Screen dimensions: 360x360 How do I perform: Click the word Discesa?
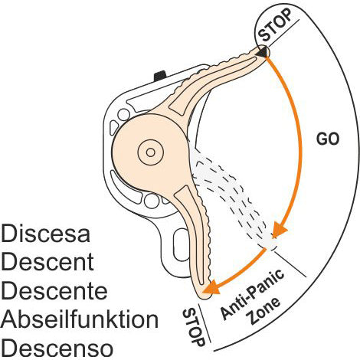tap(46, 232)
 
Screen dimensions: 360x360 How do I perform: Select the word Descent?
tap(48, 261)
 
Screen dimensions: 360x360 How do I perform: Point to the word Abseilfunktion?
tap(80, 319)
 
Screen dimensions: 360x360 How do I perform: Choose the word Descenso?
tap(58, 347)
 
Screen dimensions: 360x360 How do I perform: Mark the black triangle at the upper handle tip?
tap(262, 51)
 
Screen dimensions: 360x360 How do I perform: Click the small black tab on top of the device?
tap(160, 75)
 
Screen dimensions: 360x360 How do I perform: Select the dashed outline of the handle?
tap(230, 199)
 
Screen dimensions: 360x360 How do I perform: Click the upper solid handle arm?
tap(214, 84)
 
